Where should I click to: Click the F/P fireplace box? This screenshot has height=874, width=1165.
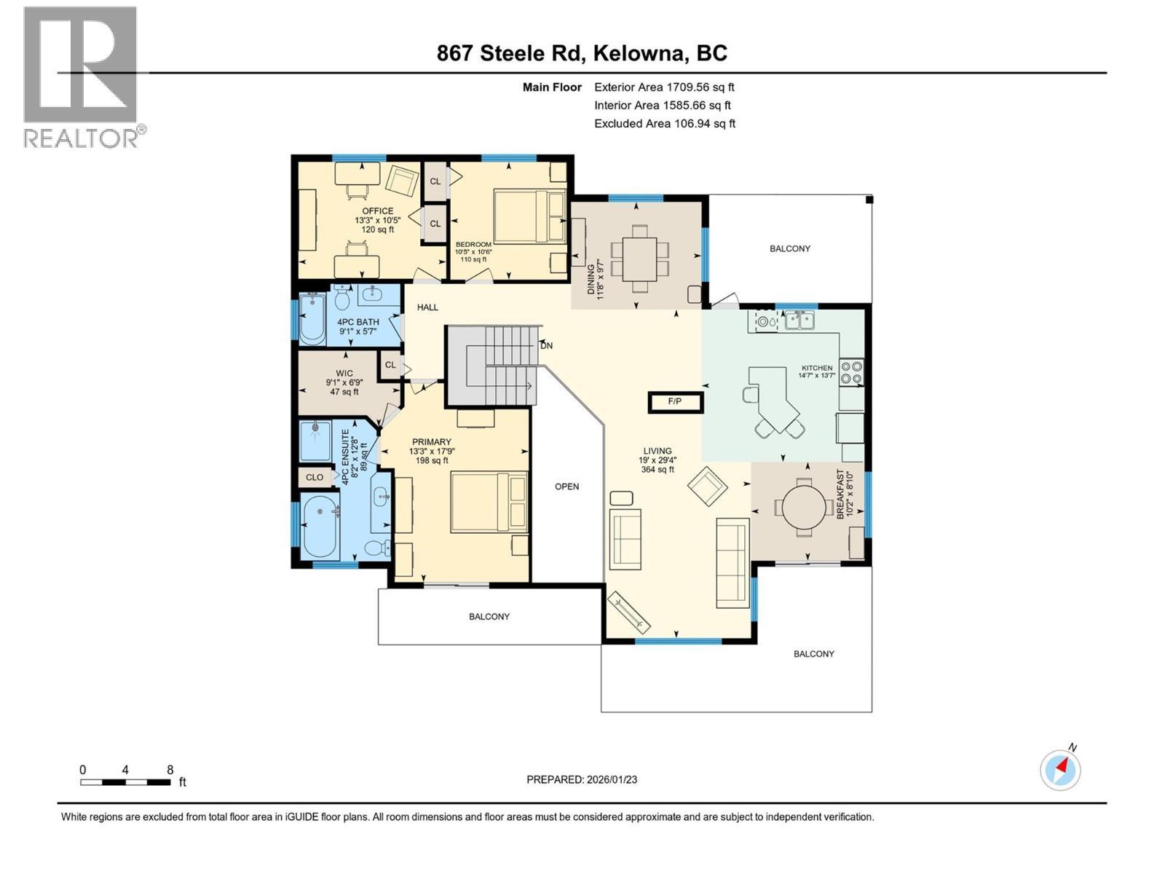click(x=675, y=401)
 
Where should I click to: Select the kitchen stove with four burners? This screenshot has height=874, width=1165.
click(x=851, y=372)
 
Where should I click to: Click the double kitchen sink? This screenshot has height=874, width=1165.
click(x=799, y=320)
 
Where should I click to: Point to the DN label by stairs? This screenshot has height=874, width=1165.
click(x=546, y=345)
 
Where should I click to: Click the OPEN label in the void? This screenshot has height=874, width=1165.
click(x=566, y=487)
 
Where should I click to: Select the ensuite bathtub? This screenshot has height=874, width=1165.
click(x=320, y=526)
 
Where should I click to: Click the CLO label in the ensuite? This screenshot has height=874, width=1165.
click(x=315, y=478)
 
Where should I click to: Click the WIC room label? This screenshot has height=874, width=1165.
click(x=344, y=374)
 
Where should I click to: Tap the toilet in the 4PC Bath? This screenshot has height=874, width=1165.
click(x=343, y=297)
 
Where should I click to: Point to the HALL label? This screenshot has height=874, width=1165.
click(x=427, y=307)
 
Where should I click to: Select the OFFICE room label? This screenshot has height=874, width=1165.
click(x=377, y=211)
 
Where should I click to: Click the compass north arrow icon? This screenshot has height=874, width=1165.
click(x=1060, y=769)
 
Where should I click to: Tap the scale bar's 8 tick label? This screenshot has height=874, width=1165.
click(x=170, y=770)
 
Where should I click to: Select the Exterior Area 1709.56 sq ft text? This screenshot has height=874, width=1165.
click(x=664, y=87)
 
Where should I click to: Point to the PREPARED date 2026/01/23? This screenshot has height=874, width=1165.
click(x=582, y=779)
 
